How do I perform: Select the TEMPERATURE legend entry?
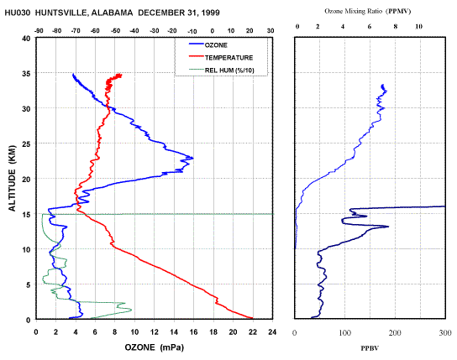[x=221, y=57]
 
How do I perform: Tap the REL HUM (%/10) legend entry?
[x=222, y=70]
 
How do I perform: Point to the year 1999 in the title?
[x=210, y=13]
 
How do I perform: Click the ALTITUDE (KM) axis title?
[x=12, y=178]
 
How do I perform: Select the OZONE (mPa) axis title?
[x=155, y=347]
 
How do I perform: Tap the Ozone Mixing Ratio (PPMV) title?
[x=367, y=12]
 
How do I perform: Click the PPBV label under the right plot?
[x=370, y=348]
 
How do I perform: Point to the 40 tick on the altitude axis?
[x=27, y=39]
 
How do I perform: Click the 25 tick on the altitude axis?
[x=27, y=143]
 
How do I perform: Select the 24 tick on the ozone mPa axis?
[x=272, y=332]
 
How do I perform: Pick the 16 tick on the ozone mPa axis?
[x=193, y=332]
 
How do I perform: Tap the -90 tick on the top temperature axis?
[x=39, y=31]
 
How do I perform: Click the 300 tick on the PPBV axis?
[x=445, y=332]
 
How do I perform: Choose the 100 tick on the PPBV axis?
[x=344, y=332]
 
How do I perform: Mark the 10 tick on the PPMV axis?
[x=418, y=27]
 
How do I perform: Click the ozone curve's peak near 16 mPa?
[x=193, y=159]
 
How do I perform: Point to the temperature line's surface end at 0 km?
[x=252, y=318]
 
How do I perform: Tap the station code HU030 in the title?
[x=17, y=13]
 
